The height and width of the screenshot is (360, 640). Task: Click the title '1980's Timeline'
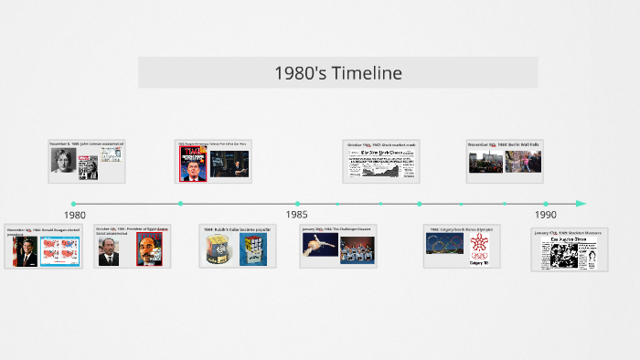click(x=337, y=73)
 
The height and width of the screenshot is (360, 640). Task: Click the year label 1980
click(x=75, y=215)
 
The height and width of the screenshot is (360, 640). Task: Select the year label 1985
click(x=296, y=215)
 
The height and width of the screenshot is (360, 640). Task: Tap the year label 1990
click(x=546, y=215)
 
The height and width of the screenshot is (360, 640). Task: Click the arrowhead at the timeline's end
click(x=581, y=203)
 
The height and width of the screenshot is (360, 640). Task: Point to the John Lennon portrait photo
click(x=63, y=161)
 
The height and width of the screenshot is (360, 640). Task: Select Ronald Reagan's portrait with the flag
click(x=25, y=250)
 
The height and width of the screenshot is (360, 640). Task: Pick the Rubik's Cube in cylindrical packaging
click(x=218, y=250)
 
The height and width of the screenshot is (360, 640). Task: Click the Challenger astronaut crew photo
click(x=357, y=249)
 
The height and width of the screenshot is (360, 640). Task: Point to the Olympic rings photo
click(x=444, y=245)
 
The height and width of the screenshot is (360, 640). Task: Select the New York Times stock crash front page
click(x=380, y=162)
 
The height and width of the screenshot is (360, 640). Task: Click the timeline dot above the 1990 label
click(x=546, y=204)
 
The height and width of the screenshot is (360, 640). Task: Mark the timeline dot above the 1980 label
click(x=73, y=204)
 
